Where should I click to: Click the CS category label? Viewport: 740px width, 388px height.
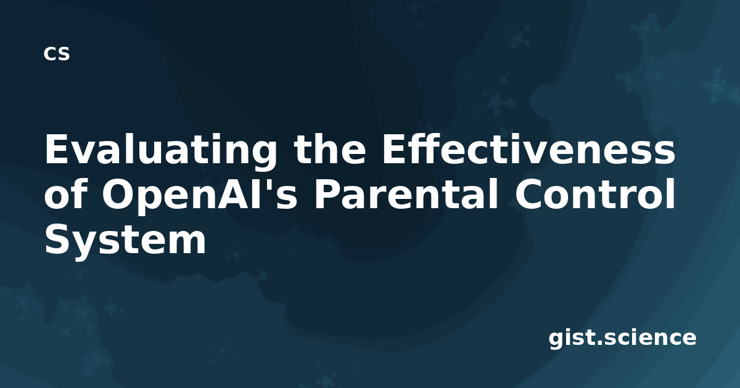click(57, 54)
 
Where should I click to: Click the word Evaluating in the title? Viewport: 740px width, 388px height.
click(160, 150)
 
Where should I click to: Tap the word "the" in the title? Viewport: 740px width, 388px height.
click(331, 148)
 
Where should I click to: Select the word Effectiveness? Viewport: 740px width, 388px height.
click(528, 148)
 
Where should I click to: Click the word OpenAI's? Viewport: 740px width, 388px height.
click(200, 196)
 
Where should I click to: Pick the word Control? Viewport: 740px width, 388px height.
click(594, 193)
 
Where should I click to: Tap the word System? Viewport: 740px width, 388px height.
click(126, 241)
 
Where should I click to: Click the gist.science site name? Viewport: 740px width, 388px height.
click(622, 339)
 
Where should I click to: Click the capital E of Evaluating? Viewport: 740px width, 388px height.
click(57, 149)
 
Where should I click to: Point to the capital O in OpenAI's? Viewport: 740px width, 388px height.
click(118, 194)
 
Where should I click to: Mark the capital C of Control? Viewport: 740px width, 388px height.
click(529, 194)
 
